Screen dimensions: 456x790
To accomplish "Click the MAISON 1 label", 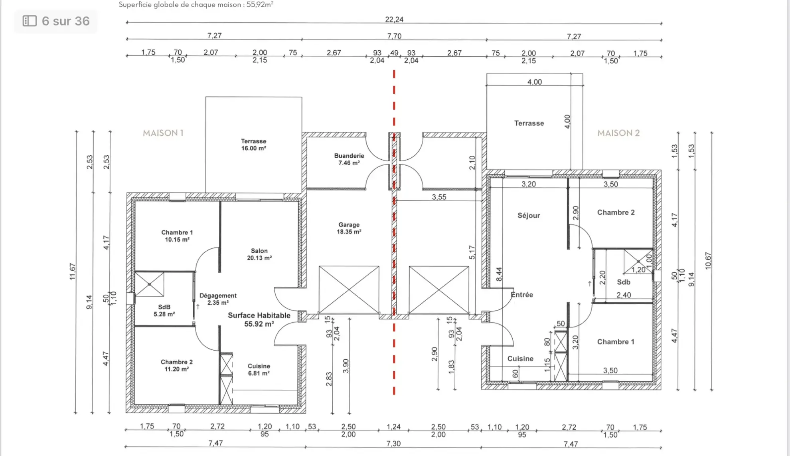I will pos(163,133).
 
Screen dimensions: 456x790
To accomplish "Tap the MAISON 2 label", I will pos(618,133).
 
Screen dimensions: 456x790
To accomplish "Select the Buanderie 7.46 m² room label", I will pos(349,159).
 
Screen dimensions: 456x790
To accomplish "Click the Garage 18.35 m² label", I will pos(349,228).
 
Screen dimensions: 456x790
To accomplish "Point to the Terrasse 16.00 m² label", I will pos(253,145).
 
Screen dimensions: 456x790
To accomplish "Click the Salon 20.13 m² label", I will pos(259,254).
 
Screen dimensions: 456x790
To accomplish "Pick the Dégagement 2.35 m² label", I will pos(218,299).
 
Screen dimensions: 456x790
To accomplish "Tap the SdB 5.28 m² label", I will pos(164,310).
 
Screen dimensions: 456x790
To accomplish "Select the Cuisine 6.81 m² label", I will pos(259,369).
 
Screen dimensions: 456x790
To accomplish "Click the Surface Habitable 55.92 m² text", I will pos(259,319).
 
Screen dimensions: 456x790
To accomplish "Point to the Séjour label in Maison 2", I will pos(528,216).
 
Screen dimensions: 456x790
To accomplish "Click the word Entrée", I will pos(522,295).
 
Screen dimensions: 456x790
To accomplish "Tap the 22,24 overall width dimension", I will pos(394,19).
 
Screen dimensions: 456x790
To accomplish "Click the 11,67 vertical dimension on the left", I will pos(72,272).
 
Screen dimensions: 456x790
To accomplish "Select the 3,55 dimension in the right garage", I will pos(438,197).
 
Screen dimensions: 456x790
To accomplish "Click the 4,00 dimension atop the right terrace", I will pos(534,82).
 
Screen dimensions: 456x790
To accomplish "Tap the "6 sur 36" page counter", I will pos(56,21).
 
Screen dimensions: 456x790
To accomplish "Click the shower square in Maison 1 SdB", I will pos(149,284).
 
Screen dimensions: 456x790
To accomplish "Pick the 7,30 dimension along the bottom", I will pos(393,443).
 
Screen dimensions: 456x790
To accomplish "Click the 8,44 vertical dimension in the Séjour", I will pos(499,274).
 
